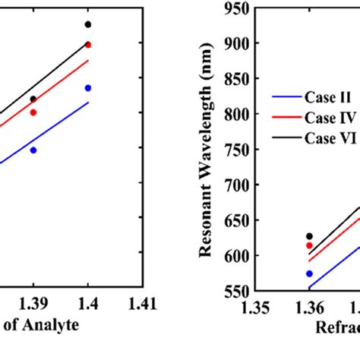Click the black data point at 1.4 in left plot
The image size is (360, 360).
[x=88, y=24]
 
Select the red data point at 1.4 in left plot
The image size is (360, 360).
[x=88, y=45]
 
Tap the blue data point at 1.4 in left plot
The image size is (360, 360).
[x=88, y=88]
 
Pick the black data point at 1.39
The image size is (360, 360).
[x=33, y=99]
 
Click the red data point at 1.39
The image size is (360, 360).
[x=33, y=112]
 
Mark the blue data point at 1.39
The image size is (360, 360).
[x=33, y=150]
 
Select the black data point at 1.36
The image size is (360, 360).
[x=309, y=236]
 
